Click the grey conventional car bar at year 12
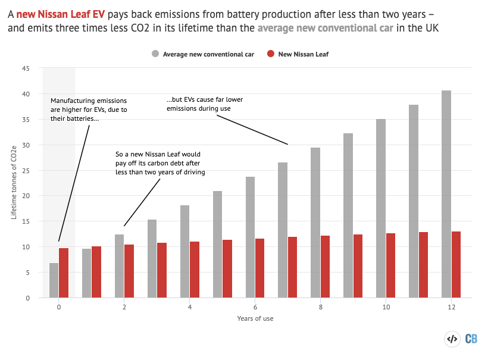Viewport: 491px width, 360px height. [x=446, y=194]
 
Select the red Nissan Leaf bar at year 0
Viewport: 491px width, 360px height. [x=64, y=273]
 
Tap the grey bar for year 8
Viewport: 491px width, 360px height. [x=315, y=223]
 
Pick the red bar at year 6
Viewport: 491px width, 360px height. [x=260, y=268]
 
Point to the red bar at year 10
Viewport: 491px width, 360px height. [x=390, y=265]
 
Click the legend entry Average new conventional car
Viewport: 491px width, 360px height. [x=203, y=54]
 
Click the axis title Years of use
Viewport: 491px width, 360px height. [x=255, y=318]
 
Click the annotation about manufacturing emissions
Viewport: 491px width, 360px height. [x=89, y=110]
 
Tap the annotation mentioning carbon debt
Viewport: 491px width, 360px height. [x=160, y=164]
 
